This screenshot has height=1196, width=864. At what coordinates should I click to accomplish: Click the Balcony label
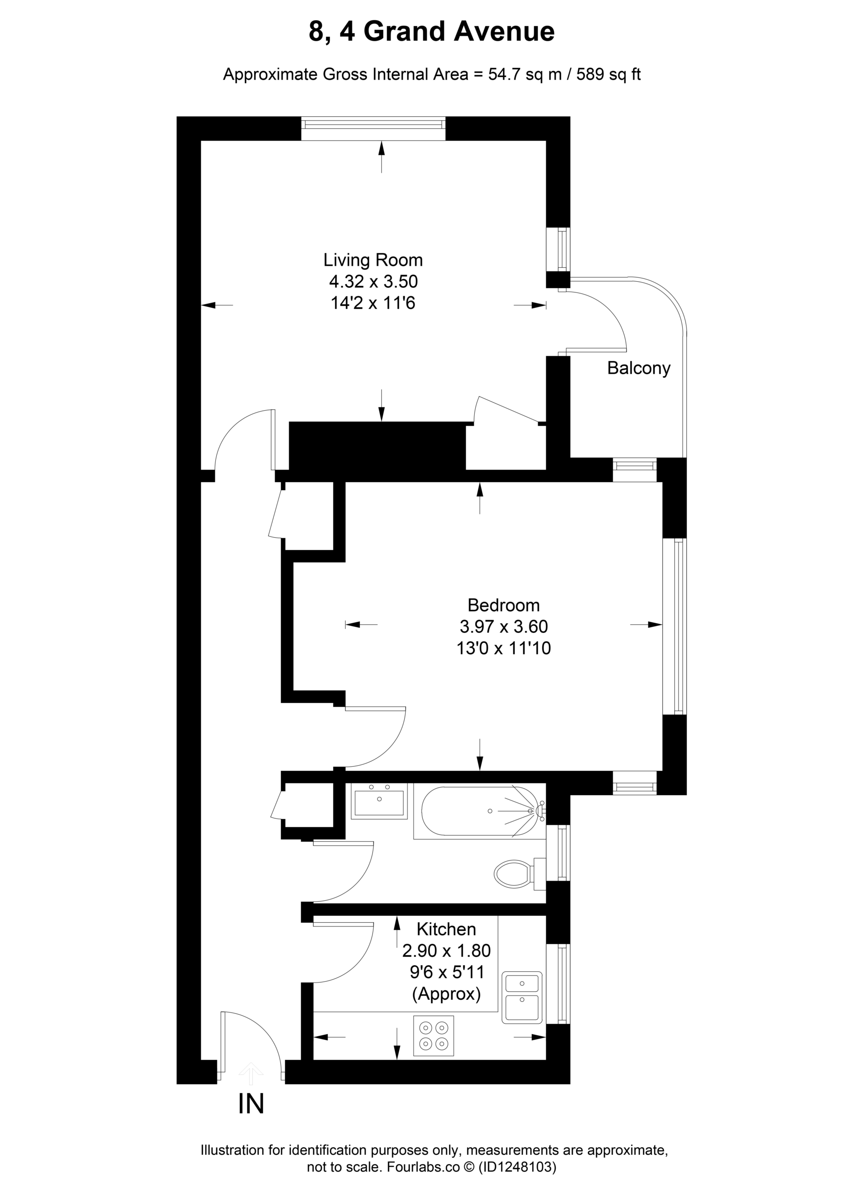point(638,368)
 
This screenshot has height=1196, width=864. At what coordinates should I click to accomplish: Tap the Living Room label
point(373,260)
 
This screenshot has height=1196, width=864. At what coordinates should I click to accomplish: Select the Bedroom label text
point(504,605)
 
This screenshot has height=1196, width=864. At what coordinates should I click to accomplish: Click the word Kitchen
point(446,929)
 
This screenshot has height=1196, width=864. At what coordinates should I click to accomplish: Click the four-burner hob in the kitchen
point(434,1036)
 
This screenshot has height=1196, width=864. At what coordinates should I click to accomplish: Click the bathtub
point(479,811)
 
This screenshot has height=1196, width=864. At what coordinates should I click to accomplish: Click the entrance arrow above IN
point(251,1074)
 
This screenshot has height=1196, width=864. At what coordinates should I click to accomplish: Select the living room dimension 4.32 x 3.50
point(373,282)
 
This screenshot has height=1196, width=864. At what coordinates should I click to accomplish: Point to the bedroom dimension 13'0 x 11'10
point(504,648)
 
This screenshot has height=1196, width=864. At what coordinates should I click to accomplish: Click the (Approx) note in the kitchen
point(446,994)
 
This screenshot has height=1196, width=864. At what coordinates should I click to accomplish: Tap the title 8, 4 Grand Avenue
point(431,32)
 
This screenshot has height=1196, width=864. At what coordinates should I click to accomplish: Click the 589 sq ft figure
point(609,74)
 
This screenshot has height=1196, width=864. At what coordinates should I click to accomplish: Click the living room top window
point(373,128)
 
